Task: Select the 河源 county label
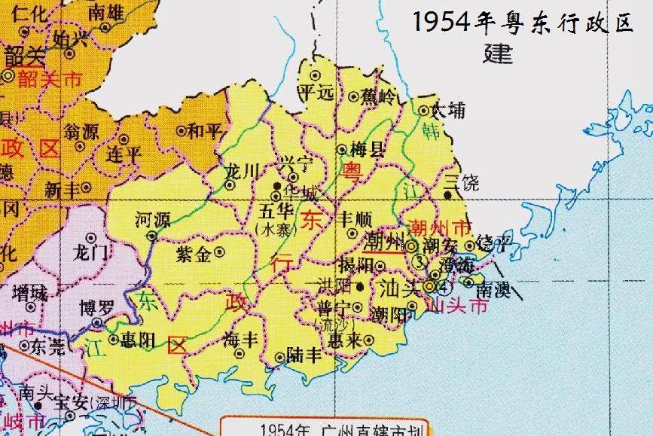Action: tap(152, 220)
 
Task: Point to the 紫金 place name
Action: tap(193, 255)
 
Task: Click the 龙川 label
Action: tap(243, 171)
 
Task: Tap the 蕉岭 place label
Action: tap(376, 96)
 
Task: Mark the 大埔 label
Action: tap(448, 111)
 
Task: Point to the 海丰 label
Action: tap(241, 339)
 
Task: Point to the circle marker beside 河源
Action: tap(152, 235)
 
